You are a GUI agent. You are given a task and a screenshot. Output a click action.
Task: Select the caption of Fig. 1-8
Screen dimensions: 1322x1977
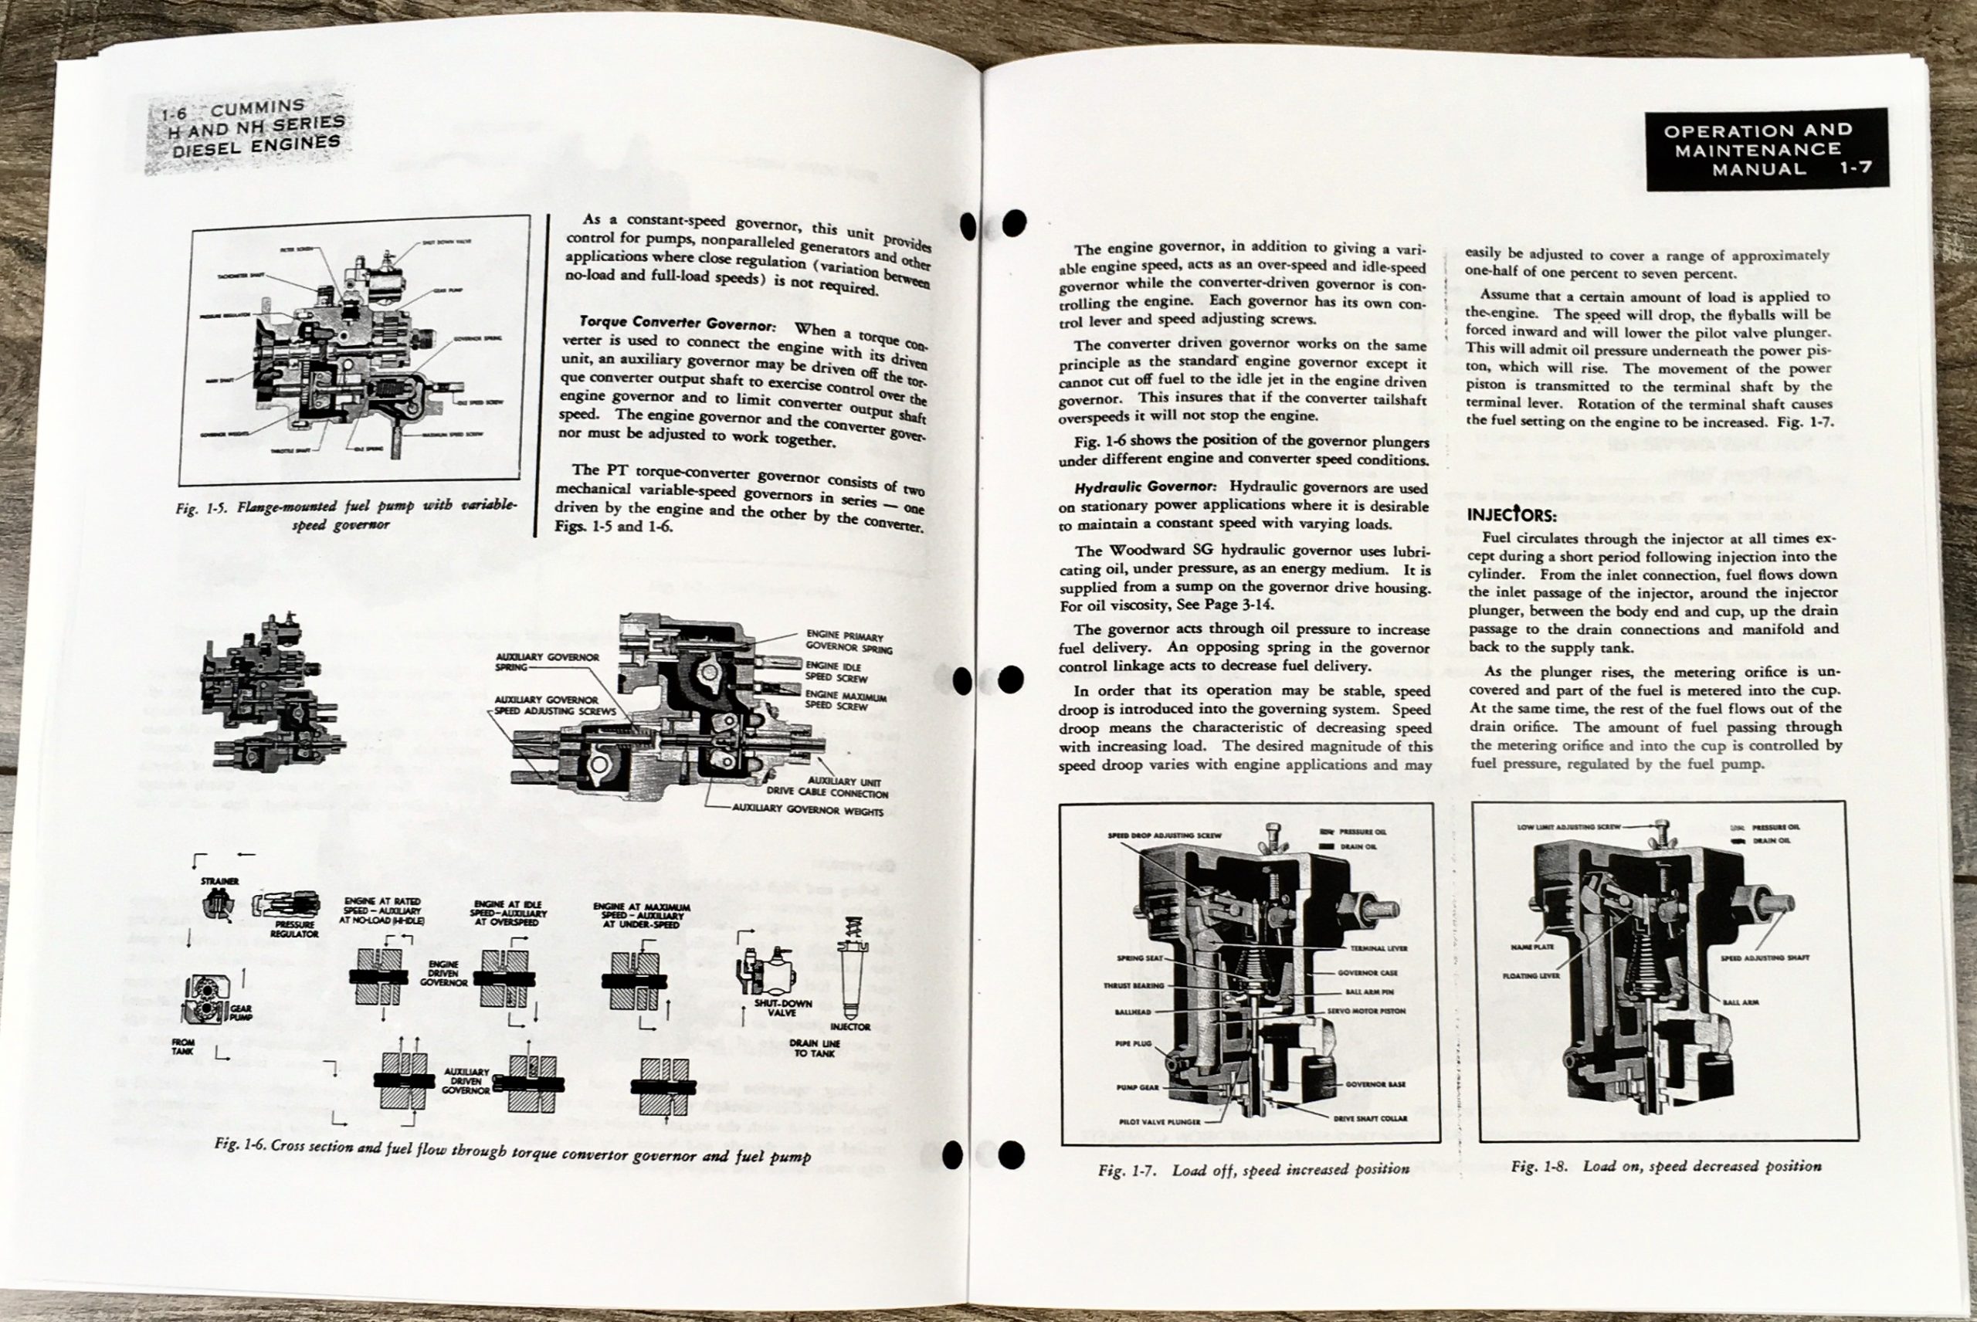coord(1666,1166)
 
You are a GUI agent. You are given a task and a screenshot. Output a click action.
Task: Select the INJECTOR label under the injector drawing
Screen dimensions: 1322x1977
coord(849,1027)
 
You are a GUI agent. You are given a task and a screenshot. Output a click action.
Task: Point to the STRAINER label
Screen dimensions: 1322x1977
coord(219,881)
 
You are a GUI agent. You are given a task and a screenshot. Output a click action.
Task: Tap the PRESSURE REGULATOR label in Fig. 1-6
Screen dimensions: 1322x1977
coord(294,929)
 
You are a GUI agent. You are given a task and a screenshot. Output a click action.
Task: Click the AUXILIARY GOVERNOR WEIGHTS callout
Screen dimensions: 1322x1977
coord(808,811)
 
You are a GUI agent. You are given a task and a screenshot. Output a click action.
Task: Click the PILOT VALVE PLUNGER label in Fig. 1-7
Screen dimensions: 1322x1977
coord(1158,1122)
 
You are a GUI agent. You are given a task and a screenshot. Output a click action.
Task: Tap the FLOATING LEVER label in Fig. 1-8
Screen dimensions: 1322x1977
coord(1531,975)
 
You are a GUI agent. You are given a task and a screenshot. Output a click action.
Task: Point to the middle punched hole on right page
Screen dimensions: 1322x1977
coord(1011,679)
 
